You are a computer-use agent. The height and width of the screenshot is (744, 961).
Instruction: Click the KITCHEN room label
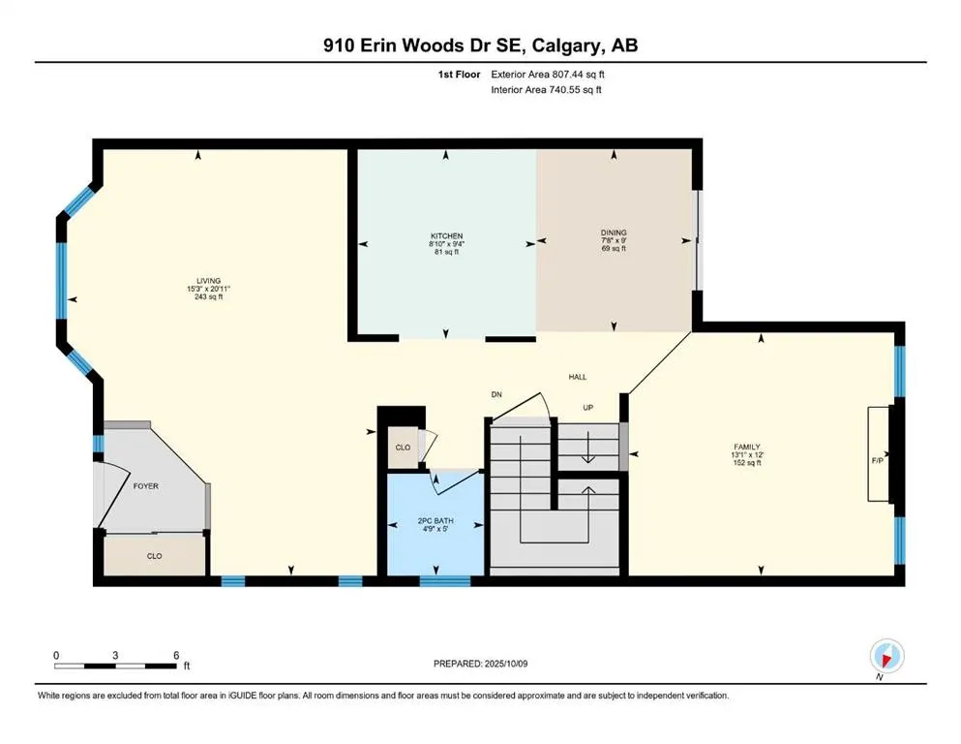pos(446,236)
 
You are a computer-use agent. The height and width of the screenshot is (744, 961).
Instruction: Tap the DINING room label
pos(614,232)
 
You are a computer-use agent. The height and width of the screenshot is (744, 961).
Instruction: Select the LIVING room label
pos(208,281)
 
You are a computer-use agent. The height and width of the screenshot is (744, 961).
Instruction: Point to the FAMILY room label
pos(747,448)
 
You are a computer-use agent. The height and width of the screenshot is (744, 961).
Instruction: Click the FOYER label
pos(146,486)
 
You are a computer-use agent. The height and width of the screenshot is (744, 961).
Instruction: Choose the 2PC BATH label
pos(435,521)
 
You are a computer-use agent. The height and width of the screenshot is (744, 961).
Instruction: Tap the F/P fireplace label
pos(878,460)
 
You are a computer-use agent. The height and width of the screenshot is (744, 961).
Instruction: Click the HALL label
pos(578,377)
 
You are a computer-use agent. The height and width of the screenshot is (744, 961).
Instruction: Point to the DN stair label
pos(496,394)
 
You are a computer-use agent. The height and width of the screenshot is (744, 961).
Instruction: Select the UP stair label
pos(587,407)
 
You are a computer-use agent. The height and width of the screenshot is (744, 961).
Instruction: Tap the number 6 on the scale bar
pos(176,655)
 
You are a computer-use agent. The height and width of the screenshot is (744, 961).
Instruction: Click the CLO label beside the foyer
pos(155,556)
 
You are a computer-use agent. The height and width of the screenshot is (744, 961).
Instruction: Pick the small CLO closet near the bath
pos(403,448)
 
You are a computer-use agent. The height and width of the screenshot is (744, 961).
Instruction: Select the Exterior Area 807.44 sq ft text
pos(548,75)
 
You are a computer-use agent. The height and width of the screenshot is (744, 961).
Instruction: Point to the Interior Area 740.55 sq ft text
pos(546,89)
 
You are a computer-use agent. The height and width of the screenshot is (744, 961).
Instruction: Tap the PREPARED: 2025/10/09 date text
pos(480,664)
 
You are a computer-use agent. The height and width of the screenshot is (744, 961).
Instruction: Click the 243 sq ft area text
pos(208,296)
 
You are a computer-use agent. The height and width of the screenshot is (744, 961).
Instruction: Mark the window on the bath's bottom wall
pos(445,581)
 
